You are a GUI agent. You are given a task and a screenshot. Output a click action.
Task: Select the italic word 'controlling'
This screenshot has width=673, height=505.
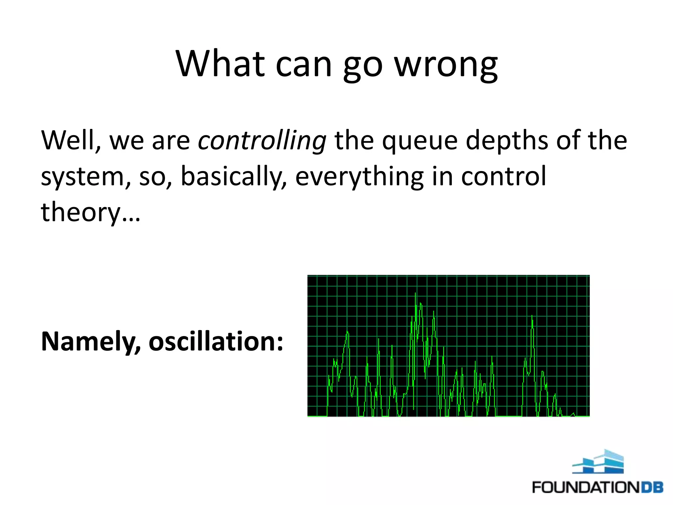[x=262, y=140]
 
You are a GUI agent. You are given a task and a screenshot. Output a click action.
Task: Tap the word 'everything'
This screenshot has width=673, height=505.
[x=359, y=177]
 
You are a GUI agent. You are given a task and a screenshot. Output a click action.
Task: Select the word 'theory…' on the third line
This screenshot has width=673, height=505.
[x=90, y=212]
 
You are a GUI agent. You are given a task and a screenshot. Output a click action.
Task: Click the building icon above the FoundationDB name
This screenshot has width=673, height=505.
[x=598, y=462]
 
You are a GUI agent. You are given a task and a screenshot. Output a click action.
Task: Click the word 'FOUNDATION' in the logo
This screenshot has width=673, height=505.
[x=585, y=487]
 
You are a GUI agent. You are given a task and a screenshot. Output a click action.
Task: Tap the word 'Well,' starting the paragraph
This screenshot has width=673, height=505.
[x=70, y=140]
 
